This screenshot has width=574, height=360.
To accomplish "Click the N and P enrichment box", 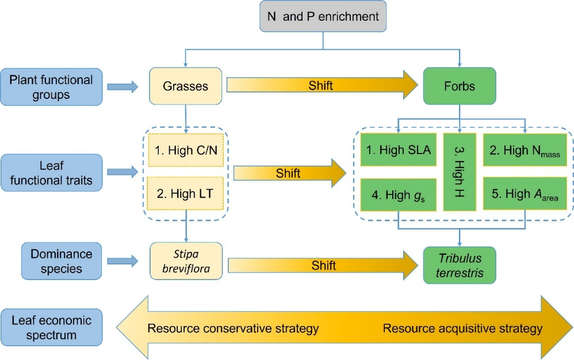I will click(323, 17).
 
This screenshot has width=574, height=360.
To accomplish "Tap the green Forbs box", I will click(459, 86).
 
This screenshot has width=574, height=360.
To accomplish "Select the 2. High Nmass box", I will click(521, 151).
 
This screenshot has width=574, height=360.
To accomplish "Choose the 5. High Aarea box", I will click(521, 194).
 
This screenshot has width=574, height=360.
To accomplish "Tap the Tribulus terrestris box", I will click(459, 265).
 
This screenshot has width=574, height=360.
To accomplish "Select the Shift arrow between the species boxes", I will click(323, 266).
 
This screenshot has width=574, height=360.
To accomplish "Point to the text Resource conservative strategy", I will click(233, 329).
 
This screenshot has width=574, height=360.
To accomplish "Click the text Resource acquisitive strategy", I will click(462, 329).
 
